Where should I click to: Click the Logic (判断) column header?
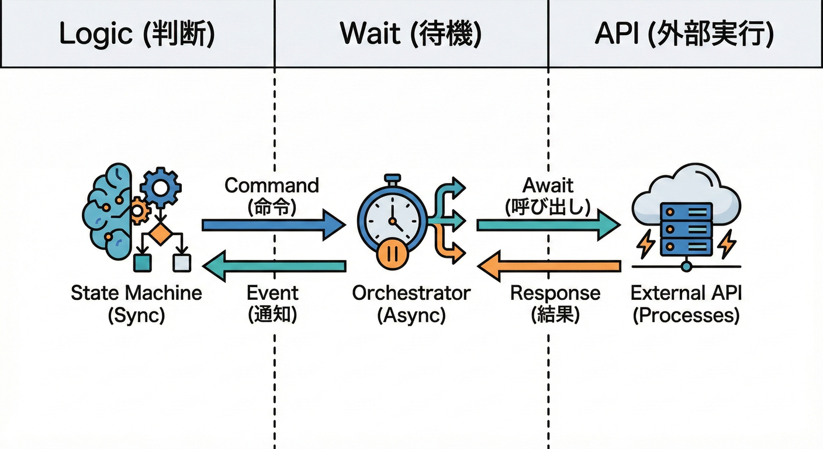click(x=137, y=34)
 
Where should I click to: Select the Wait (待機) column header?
click(x=411, y=34)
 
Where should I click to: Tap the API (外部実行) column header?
click(x=684, y=34)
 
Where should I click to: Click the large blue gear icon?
click(x=161, y=188)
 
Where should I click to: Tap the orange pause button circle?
click(x=392, y=255)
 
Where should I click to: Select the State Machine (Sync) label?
click(x=136, y=303)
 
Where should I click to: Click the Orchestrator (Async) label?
click(x=411, y=303)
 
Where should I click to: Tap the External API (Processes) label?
click(x=686, y=303)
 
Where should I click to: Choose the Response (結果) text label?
click(x=555, y=303)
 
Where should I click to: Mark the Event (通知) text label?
click(x=272, y=303)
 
